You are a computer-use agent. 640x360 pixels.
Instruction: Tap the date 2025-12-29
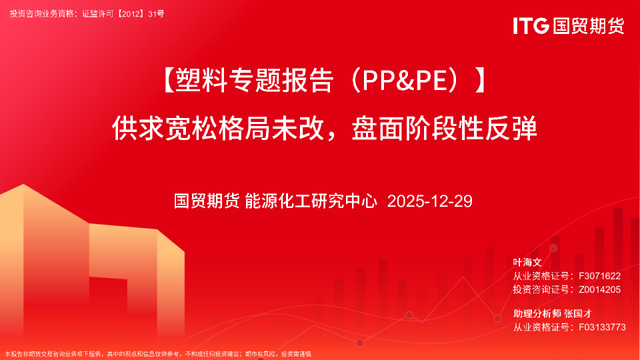click(x=429, y=201)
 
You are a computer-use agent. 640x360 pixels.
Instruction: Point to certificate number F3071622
click(x=600, y=275)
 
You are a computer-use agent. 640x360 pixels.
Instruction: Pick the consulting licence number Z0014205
click(x=600, y=289)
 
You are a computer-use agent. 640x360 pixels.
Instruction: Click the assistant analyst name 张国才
click(x=579, y=313)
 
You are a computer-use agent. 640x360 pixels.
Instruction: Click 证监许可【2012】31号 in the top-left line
click(x=123, y=13)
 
